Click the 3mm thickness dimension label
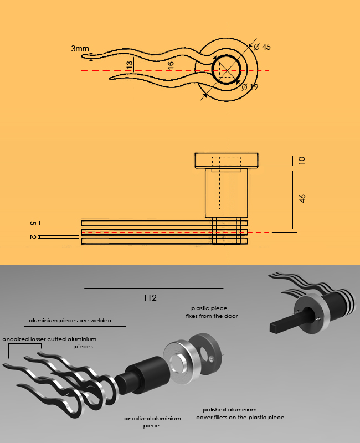[80, 49]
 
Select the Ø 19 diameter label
[250, 87]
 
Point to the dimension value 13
[130, 64]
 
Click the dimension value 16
[171, 65]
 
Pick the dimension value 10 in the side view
[302, 161]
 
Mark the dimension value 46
[302, 198]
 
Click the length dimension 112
[150, 298]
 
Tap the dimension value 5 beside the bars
[33, 223]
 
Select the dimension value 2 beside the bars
[33, 237]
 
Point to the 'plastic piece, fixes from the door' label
[210, 312]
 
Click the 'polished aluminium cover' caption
[240, 414]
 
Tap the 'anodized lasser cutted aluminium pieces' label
[50, 342]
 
